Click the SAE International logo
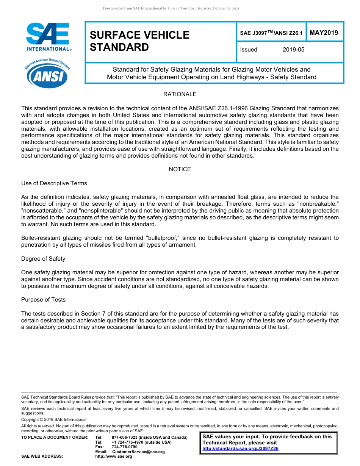pyautogui.click(x=48, y=37)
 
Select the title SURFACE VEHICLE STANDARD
pyautogui.click(x=139, y=41)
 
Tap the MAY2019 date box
pyautogui.click(x=324, y=33)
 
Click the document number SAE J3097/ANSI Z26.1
pyautogui.click(x=271, y=33)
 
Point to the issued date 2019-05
pyautogui.click(x=293, y=50)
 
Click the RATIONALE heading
pyautogui.click(x=180, y=94)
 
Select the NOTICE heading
pyautogui.click(x=180, y=169)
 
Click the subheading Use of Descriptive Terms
pyautogui.click(x=54, y=183)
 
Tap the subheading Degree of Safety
pyautogui.click(x=43, y=259)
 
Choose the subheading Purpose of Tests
pyautogui.click(x=44, y=300)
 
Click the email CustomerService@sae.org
pyautogui.click(x=138, y=452)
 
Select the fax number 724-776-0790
pyautogui.click(x=125, y=447)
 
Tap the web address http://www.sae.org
pyautogui.click(x=114, y=457)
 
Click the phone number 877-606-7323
pyautogui.click(x=125, y=438)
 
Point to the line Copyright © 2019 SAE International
pyautogui.click(x=54, y=419)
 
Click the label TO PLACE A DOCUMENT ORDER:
pyautogui.click(x=55, y=438)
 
